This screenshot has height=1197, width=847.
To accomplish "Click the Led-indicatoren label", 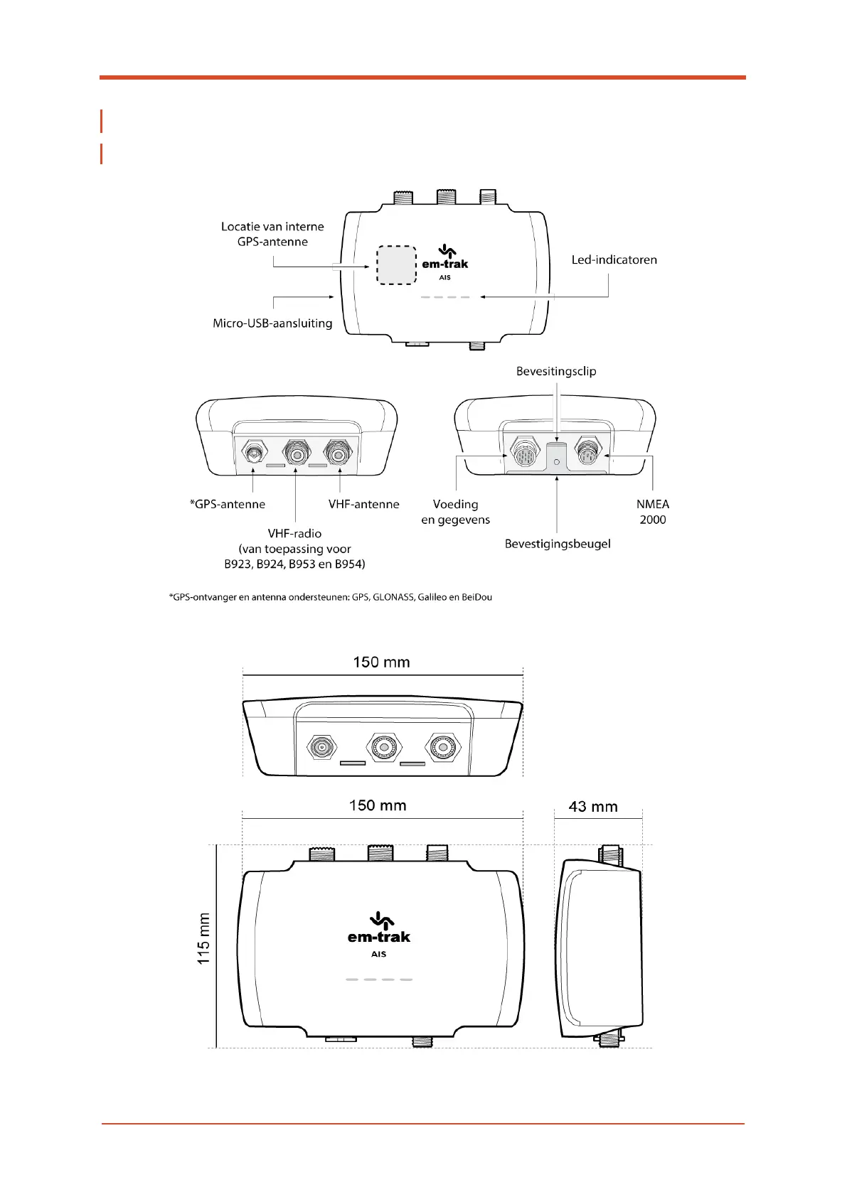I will click(x=614, y=260).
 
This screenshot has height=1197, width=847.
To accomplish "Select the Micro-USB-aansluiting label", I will click(x=272, y=323).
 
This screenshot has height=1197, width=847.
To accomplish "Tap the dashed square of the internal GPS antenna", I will click(x=396, y=265).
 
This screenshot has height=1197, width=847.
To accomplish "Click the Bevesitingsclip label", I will click(x=556, y=371).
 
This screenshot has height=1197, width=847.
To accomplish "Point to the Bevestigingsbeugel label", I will click(x=558, y=544).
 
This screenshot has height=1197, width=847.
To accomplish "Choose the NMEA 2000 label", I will click(x=652, y=512).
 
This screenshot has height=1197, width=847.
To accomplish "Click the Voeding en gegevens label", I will click(x=455, y=512).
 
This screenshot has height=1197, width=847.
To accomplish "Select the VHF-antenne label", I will click(x=363, y=504).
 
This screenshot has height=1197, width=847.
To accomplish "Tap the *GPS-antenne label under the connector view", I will click(x=228, y=504).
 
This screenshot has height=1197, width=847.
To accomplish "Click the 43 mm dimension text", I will click(x=593, y=807).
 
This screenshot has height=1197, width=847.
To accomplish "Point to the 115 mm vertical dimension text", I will click(x=204, y=938).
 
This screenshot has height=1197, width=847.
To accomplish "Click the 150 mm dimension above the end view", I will click(x=381, y=662).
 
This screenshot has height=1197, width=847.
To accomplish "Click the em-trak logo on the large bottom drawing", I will click(x=379, y=931).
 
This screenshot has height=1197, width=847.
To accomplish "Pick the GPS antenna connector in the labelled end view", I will click(x=253, y=451).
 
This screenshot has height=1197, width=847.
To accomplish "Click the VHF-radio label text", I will click(x=294, y=533).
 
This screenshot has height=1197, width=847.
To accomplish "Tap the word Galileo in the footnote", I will click(x=432, y=597).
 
